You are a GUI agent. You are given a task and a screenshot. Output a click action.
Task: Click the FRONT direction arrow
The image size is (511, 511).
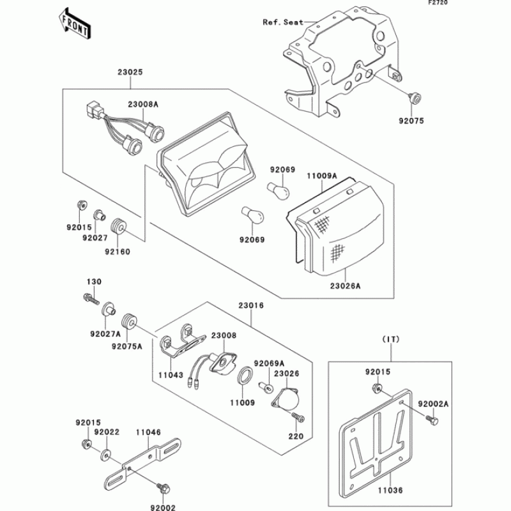tap(75, 23)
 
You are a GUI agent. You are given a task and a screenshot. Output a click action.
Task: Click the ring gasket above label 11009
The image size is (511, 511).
tap(243, 377)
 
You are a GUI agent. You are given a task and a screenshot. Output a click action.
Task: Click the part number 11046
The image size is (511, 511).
tap(148, 432)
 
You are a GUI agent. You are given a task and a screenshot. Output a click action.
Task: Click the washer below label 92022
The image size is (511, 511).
tap(105, 455)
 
